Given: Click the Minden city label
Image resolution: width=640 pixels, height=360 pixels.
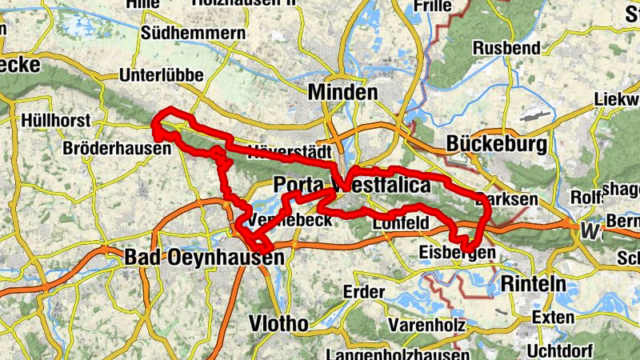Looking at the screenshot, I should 343,92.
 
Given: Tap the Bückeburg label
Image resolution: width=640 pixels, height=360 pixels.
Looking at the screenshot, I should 498,145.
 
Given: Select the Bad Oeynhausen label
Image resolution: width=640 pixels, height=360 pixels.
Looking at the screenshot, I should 204,258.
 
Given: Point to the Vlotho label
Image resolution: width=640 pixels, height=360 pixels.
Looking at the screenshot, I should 278,324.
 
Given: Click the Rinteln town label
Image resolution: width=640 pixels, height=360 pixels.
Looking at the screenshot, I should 533,284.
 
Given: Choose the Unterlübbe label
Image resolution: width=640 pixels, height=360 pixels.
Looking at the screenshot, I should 161,75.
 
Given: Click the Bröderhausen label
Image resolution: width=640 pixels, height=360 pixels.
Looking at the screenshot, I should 117,149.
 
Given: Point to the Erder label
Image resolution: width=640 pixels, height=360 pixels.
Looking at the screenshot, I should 364,292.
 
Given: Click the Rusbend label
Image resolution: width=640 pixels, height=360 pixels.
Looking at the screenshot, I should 506,48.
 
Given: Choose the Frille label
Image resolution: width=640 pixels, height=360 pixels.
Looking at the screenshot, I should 433,6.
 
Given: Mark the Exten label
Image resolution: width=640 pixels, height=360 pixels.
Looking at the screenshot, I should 553,318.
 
